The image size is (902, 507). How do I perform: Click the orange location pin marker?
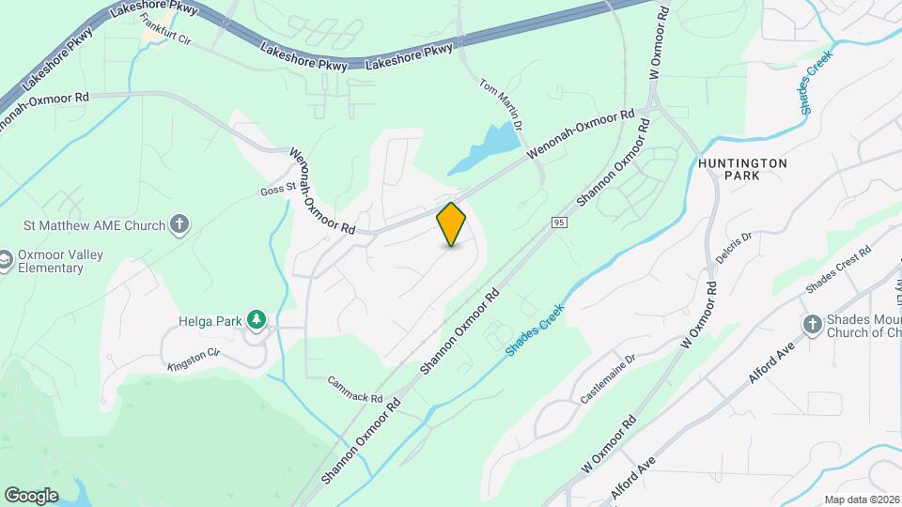tap(452, 224)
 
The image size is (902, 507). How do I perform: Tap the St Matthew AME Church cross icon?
tap(180, 224)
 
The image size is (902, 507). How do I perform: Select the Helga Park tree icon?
tap(257, 320)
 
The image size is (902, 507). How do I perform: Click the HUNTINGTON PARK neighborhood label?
tap(742, 169)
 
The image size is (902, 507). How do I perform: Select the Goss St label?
tap(278, 192)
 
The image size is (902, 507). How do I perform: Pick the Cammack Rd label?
tap(356, 384)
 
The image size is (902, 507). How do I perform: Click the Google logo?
tap(31, 495)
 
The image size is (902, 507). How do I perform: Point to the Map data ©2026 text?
tap(861, 499)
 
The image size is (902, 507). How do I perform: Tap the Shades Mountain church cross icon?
tap(813, 325)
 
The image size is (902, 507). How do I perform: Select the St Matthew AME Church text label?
tap(95, 225)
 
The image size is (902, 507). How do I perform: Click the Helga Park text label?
tap(210, 320)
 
